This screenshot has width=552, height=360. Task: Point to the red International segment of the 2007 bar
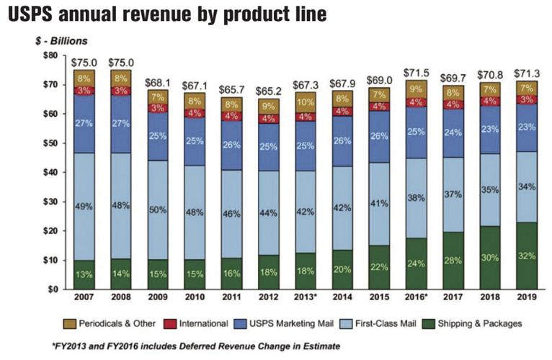pyautogui.click(x=84, y=91)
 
